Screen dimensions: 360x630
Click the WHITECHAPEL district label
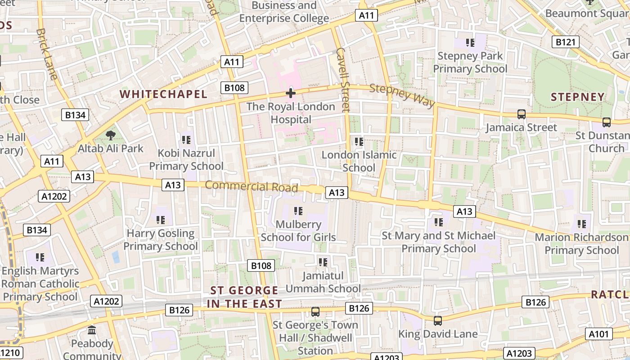(163, 94)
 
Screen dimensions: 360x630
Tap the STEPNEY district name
(577, 97)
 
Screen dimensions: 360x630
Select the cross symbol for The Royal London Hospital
(291, 93)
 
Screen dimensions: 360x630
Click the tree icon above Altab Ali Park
(110, 135)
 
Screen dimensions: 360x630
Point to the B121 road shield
(565, 42)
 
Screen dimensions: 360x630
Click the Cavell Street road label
(343, 79)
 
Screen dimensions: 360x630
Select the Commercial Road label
(252, 186)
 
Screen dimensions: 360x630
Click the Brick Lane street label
(47, 54)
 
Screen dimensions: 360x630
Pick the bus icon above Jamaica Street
(521, 114)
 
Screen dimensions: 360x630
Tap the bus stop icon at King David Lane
(437, 321)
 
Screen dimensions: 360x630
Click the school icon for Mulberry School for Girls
(298, 211)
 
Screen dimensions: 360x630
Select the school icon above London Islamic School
(359, 142)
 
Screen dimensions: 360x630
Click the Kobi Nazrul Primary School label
(186, 160)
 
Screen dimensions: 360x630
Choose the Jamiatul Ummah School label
(323, 282)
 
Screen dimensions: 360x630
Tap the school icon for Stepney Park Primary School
(470, 43)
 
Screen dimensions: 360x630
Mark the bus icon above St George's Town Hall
(315, 311)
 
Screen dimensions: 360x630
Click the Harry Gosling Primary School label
(161, 240)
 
